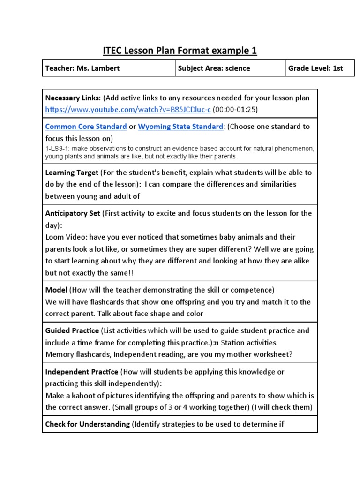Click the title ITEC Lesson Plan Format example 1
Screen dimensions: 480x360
180,50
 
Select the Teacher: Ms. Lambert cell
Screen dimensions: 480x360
82,68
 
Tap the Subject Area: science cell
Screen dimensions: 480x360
214,68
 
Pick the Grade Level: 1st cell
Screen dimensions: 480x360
315,68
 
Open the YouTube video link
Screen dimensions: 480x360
128,109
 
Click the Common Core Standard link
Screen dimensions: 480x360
86,127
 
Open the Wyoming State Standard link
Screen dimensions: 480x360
180,127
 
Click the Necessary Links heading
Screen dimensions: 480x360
73,98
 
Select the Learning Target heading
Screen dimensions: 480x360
72,172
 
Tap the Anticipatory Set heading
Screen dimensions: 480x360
73,213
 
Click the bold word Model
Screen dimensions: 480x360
56,290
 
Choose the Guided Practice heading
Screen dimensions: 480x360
72,330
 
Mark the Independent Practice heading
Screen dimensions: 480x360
82,372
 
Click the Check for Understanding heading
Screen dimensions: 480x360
87,424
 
